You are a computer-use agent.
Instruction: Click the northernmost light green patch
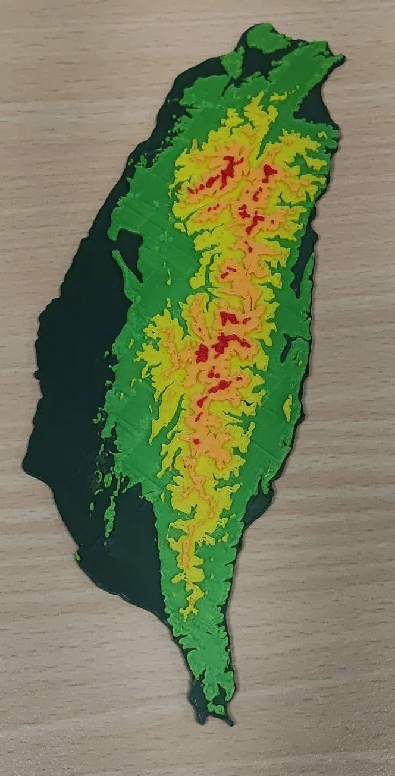(266, 37)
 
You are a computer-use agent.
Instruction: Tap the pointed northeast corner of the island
(341, 58)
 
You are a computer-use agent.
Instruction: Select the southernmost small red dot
(196, 441)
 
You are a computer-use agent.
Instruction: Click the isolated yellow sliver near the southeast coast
(288, 407)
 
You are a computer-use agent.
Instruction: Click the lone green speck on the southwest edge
(77, 557)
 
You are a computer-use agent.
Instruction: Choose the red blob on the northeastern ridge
(269, 172)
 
